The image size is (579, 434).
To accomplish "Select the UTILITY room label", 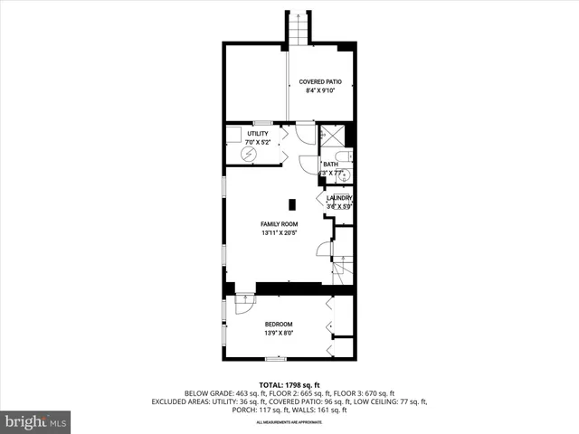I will (x=258, y=134).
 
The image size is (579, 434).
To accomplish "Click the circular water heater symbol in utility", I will (x=248, y=154).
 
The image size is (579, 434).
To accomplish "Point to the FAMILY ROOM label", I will (x=279, y=223).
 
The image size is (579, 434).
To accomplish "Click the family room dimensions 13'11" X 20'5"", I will (x=279, y=233).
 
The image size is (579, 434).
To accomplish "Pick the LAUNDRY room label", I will (x=339, y=198).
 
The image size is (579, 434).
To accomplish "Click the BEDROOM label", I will (x=279, y=324).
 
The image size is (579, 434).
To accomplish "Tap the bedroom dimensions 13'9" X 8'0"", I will (x=279, y=334).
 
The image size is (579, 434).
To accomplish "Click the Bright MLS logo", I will (x=36, y=421).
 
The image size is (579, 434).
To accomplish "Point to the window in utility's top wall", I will (x=262, y=122).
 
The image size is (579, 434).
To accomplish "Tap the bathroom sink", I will (x=351, y=176).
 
